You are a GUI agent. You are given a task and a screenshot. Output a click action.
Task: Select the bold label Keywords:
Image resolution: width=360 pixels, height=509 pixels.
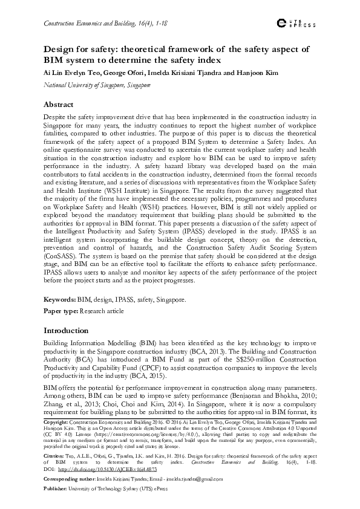pyautogui.click(x=60, y=299)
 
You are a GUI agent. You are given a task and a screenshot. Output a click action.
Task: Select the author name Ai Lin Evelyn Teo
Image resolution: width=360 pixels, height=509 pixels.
pyautogui.click(x=68, y=73)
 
